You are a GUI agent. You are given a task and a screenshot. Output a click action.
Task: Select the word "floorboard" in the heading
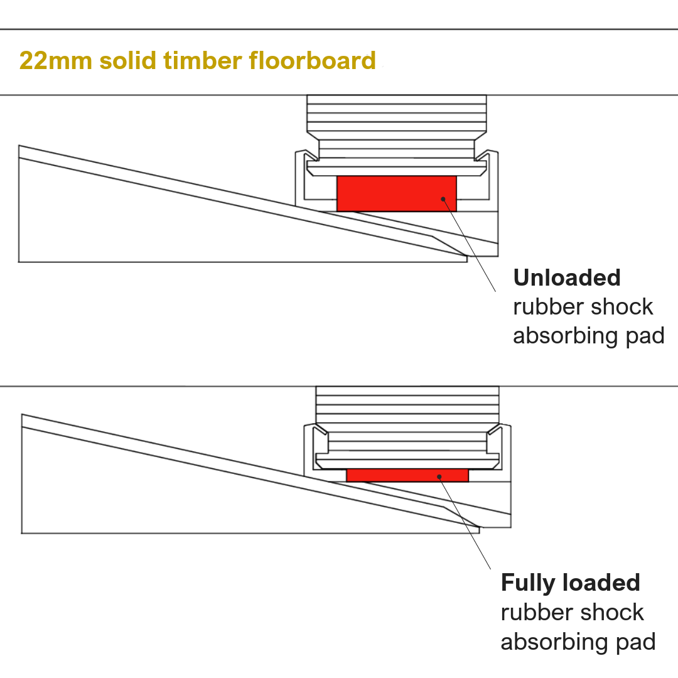pyautogui.click(x=312, y=61)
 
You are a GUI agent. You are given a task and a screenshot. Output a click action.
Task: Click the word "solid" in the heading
pyautogui.click(x=127, y=61)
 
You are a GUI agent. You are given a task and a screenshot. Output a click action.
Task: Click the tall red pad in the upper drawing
pyautogui.click(x=396, y=193)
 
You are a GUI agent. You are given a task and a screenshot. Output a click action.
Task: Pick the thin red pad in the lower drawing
pyautogui.click(x=407, y=475)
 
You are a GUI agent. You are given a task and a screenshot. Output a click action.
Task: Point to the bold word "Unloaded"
pyautogui.click(x=567, y=277)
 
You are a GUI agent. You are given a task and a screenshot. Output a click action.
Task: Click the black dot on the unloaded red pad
pyautogui.click(x=443, y=199)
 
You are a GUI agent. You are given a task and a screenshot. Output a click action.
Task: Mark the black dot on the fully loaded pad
pyautogui.click(x=440, y=476)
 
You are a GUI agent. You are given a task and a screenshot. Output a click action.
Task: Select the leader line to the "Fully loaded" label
pyautogui.click(x=466, y=524)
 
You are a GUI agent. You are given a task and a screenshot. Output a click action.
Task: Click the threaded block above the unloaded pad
pyautogui.click(x=396, y=113)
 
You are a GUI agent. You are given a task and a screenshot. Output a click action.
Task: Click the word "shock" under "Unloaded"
pyautogui.click(x=619, y=307)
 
